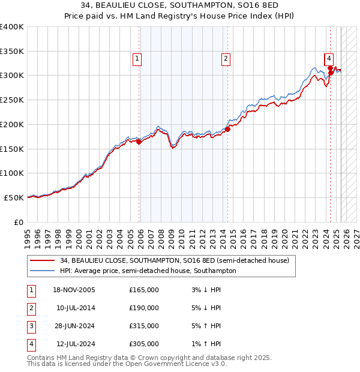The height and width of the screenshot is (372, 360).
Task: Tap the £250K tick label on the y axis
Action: (12, 100)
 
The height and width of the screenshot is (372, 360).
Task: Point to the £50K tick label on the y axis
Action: (14, 197)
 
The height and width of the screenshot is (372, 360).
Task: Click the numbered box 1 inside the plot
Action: (137, 59)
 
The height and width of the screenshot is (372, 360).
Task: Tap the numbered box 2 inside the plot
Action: (226, 59)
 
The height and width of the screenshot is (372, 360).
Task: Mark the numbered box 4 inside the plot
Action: (329, 59)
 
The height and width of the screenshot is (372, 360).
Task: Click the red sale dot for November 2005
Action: (139, 142)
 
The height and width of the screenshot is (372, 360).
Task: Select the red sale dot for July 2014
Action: (228, 129)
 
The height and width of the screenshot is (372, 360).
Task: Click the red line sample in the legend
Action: (43, 260)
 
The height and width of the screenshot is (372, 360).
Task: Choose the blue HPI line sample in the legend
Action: (43, 271)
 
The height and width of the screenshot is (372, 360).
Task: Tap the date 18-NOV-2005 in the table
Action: (76, 290)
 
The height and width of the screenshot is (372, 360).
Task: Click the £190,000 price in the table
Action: (144, 308)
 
